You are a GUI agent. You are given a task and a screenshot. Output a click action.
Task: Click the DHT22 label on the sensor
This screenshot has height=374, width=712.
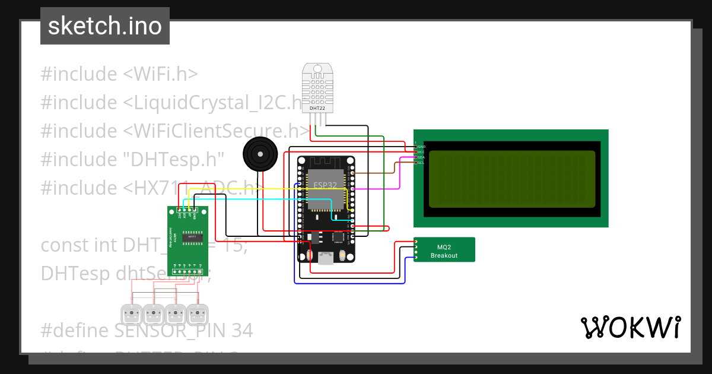click(x=317, y=108)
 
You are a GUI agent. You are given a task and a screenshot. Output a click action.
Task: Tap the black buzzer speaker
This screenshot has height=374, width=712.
click(x=259, y=154)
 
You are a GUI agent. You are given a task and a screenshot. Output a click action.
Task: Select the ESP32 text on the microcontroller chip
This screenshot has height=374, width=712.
click(x=325, y=185)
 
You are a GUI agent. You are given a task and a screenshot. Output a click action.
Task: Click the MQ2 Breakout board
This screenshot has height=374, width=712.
click(x=444, y=249)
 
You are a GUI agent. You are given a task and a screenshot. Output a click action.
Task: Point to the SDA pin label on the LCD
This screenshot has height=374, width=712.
click(x=421, y=157)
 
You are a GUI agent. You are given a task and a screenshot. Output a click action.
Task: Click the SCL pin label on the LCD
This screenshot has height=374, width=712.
click(x=421, y=163)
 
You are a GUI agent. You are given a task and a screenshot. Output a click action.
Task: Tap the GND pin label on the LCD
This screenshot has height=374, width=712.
click(x=421, y=146)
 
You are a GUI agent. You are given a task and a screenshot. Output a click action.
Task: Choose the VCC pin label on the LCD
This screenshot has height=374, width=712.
click(x=421, y=152)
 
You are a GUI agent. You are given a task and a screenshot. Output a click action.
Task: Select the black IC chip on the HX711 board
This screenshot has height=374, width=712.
click(x=192, y=236)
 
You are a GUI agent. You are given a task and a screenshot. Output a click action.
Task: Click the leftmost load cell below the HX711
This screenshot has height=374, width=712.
click(x=131, y=313)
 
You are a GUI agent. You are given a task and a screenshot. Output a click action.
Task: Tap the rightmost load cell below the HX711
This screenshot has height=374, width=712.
click(x=198, y=313)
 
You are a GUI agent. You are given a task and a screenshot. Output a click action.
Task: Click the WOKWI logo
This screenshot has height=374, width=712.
click(x=630, y=328)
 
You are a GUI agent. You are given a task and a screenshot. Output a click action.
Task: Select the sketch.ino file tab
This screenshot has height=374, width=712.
click(x=105, y=26)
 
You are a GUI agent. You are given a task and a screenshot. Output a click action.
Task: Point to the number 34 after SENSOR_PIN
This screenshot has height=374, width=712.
click(x=241, y=331)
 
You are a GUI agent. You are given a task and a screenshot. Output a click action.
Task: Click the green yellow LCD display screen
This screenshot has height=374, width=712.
click(x=511, y=179)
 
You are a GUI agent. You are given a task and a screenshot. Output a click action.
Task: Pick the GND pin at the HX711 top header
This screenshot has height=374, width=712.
click(x=194, y=210)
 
